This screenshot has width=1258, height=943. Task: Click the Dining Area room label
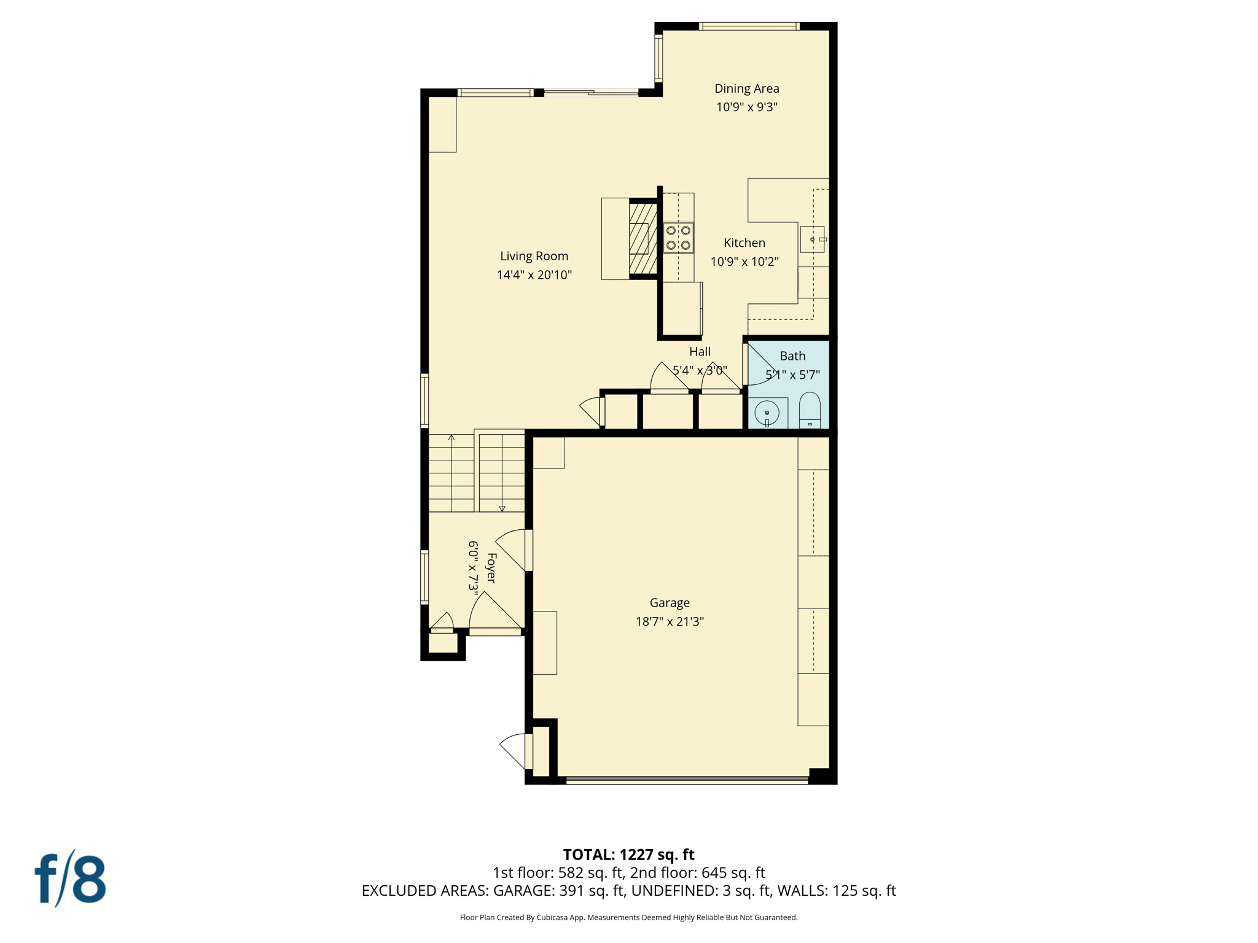coord(746,88)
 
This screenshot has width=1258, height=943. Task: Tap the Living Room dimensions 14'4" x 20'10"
coord(534,275)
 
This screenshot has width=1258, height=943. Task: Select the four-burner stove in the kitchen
coord(678,238)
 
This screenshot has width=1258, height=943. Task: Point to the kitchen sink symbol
coord(812,239)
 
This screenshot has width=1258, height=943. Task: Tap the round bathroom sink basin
coord(767,413)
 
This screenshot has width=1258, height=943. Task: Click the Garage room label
coord(670,603)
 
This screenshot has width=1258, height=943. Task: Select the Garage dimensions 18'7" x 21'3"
coord(670,621)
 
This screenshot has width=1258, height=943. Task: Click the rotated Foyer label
coord(491,568)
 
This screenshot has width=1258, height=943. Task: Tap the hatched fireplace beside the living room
coord(643,239)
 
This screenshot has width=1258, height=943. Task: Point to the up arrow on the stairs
coord(451,438)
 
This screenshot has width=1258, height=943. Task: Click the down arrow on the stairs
coord(502,508)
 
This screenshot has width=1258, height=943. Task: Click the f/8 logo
coord(70,879)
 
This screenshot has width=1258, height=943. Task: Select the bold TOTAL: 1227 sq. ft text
coord(628,855)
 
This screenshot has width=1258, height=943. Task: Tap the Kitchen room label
coord(744,243)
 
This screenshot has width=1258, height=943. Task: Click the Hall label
coord(700,352)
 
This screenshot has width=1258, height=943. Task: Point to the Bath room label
coord(792,356)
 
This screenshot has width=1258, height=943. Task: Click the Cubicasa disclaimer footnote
coord(628,918)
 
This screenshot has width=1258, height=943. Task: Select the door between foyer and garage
coord(528,550)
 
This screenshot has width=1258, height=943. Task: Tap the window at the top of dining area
coord(749,26)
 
